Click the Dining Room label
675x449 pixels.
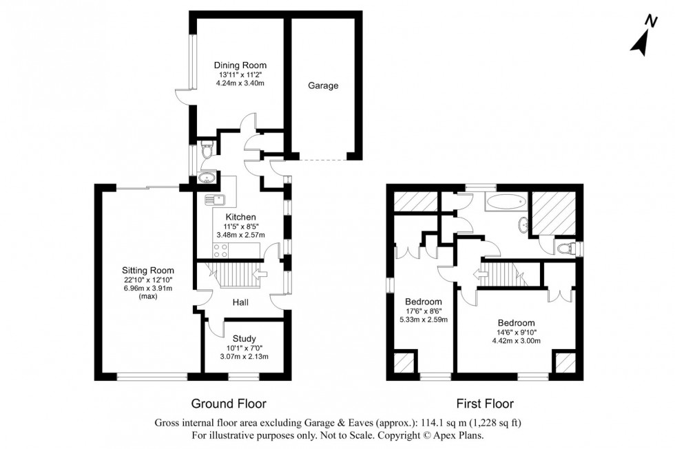(x=240, y=65)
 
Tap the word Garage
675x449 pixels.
(x=323, y=86)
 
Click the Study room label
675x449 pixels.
(x=245, y=338)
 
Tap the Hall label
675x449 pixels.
(x=240, y=302)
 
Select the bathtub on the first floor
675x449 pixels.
(x=506, y=202)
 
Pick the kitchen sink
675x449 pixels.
(x=218, y=200)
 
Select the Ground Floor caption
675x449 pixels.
(x=228, y=404)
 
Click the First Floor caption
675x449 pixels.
(x=485, y=404)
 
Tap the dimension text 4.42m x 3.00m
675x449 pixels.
(x=516, y=340)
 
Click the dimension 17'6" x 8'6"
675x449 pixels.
(x=423, y=311)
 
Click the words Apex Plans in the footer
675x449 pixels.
(x=462, y=435)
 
